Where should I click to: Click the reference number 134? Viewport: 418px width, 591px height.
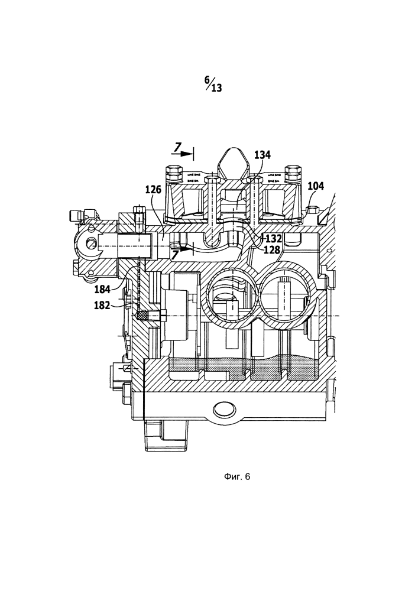(x=262, y=155)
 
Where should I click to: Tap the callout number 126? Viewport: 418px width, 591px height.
(x=153, y=189)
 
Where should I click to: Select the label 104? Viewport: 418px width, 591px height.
(x=316, y=186)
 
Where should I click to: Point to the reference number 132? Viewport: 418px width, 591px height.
(x=273, y=239)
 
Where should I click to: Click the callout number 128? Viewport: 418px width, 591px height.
(x=271, y=249)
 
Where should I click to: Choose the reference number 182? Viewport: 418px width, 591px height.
(x=102, y=305)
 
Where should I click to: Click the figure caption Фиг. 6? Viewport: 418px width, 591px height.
(x=237, y=477)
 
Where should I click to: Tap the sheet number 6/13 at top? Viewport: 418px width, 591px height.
(x=213, y=84)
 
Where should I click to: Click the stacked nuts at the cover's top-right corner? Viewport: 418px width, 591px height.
(x=294, y=174)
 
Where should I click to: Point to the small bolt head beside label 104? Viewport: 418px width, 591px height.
(x=312, y=210)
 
